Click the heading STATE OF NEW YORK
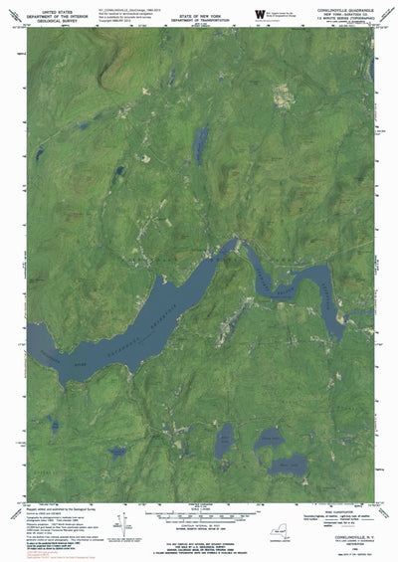pyautogui.click(x=199, y=9)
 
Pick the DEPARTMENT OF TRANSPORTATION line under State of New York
pyautogui.click(x=199, y=14)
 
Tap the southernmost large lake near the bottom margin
pyautogui.click(x=290, y=464)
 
